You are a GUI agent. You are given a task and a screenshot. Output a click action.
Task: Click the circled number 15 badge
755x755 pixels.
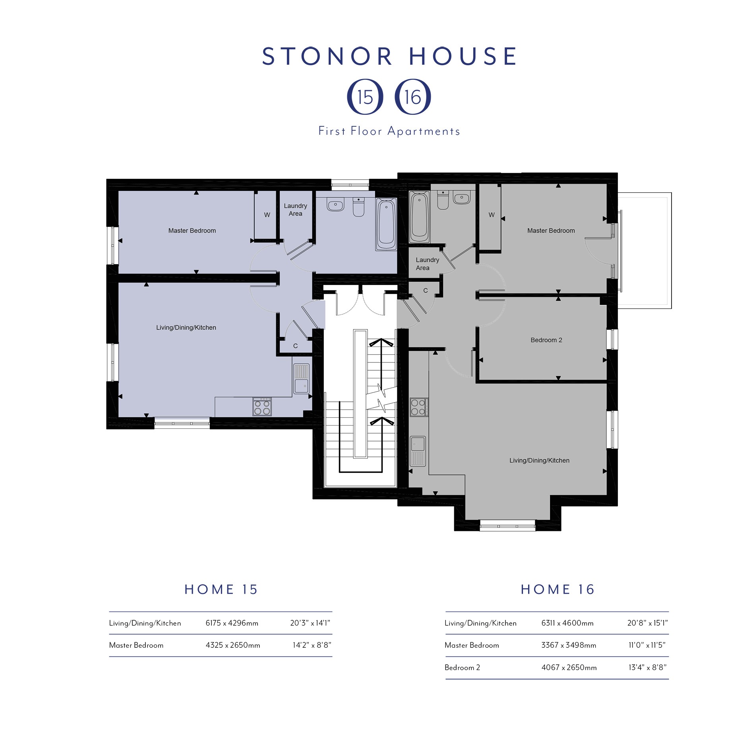tap(365, 97)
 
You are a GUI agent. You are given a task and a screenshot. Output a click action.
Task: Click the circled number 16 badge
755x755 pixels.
tap(413, 97)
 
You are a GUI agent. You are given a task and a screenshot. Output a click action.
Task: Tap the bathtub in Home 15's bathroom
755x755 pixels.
tap(386, 225)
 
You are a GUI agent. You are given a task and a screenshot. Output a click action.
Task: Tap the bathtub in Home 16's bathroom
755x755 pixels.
tap(419, 217)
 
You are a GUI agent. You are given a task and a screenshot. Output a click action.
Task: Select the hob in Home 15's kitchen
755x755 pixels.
tap(262, 407)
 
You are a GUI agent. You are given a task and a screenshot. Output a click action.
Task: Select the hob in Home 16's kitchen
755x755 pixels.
tap(419, 407)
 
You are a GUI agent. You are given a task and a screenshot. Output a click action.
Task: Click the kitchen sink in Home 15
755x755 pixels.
tap(301, 379)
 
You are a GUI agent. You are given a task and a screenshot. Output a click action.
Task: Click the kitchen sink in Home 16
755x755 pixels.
tap(418, 451)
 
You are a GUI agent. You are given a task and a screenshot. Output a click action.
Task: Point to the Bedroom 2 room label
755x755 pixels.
tap(546, 340)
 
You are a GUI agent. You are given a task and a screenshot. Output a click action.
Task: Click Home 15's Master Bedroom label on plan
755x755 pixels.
tap(192, 230)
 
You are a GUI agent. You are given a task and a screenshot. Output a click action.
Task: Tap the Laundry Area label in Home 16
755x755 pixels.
tap(427, 264)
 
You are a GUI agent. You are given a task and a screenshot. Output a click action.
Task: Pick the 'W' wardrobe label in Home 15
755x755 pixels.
tap(267, 215)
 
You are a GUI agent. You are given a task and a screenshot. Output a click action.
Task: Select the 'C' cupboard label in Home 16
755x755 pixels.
tap(425, 290)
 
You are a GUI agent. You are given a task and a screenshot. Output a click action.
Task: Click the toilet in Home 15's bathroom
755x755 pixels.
tap(358, 207)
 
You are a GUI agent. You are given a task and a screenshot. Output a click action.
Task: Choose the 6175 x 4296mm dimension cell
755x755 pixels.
tap(232, 623)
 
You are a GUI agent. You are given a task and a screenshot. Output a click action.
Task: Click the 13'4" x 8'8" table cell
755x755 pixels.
tap(647, 668)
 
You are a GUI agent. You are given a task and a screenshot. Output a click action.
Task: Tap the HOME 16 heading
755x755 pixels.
tap(558, 589)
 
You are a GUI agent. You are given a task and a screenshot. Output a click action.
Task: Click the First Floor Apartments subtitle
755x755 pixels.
tap(389, 131)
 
